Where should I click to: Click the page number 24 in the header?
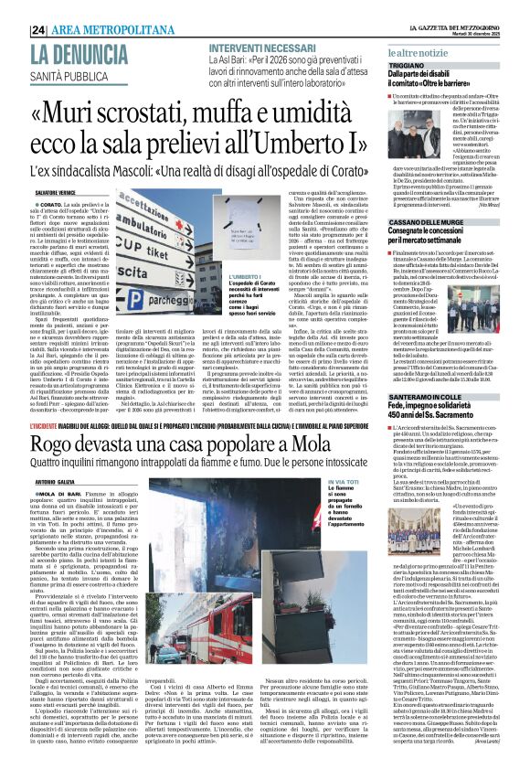(x=38, y=30)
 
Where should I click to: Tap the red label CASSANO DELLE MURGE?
(x=426, y=224)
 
